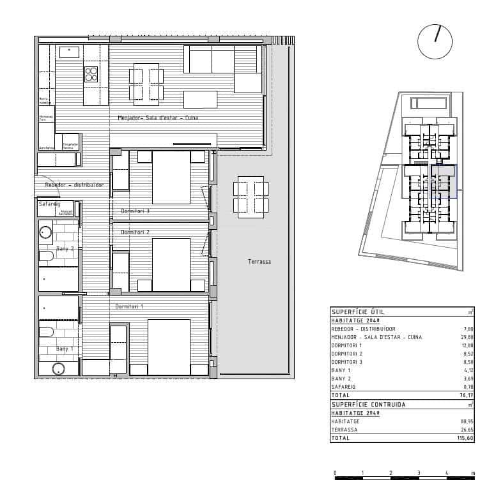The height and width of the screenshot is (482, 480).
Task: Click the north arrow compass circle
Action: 435,41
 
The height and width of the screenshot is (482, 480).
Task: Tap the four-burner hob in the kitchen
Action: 91,74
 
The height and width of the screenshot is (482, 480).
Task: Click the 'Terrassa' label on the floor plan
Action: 259,262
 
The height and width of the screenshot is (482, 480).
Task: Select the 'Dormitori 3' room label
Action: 135,211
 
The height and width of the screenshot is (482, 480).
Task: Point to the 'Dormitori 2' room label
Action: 135,232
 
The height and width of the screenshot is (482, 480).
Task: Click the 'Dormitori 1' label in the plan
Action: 129,307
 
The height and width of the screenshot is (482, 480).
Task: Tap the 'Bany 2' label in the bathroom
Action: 65,249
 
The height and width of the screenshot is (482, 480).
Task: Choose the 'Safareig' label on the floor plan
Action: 49,204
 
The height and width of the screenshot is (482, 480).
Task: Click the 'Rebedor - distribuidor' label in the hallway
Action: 74,185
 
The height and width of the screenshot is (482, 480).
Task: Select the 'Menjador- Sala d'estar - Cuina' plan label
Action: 158,118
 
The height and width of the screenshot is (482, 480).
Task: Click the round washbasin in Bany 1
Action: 59,368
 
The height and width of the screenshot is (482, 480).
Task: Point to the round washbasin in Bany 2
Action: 45,232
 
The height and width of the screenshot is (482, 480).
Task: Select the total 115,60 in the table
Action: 465,439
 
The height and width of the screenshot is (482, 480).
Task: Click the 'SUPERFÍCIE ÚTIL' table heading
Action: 359,312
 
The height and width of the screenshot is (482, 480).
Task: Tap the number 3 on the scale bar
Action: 419,473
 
